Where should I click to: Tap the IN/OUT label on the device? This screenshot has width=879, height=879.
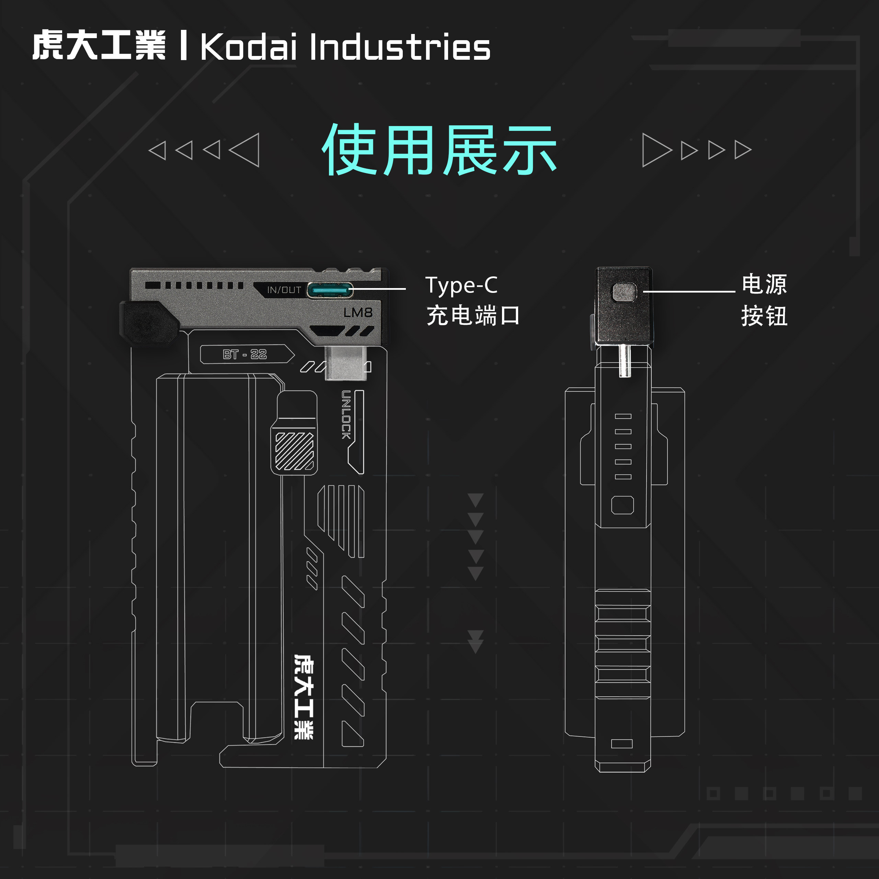click(x=284, y=290)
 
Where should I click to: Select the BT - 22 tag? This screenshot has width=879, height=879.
click(x=245, y=354)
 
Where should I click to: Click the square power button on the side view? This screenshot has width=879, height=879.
click(x=624, y=292)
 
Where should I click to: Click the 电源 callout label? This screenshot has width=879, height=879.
click(x=764, y=284)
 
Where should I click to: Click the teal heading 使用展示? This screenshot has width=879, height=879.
click(x=439, y=150)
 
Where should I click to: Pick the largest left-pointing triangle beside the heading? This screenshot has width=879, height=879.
click(x=246, y=150)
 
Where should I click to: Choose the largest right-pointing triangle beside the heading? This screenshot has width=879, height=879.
click(x=656, y=150)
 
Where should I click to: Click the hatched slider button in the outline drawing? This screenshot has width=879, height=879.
click(x=294, y=450)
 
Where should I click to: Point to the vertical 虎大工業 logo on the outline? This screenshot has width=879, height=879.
click(x=304, y=696)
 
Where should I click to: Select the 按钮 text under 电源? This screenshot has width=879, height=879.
click(x=764, y=316)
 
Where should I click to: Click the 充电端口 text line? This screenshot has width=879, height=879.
click(x=473, y=316)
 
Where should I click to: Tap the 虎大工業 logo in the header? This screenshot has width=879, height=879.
click(x=99, y=46)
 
